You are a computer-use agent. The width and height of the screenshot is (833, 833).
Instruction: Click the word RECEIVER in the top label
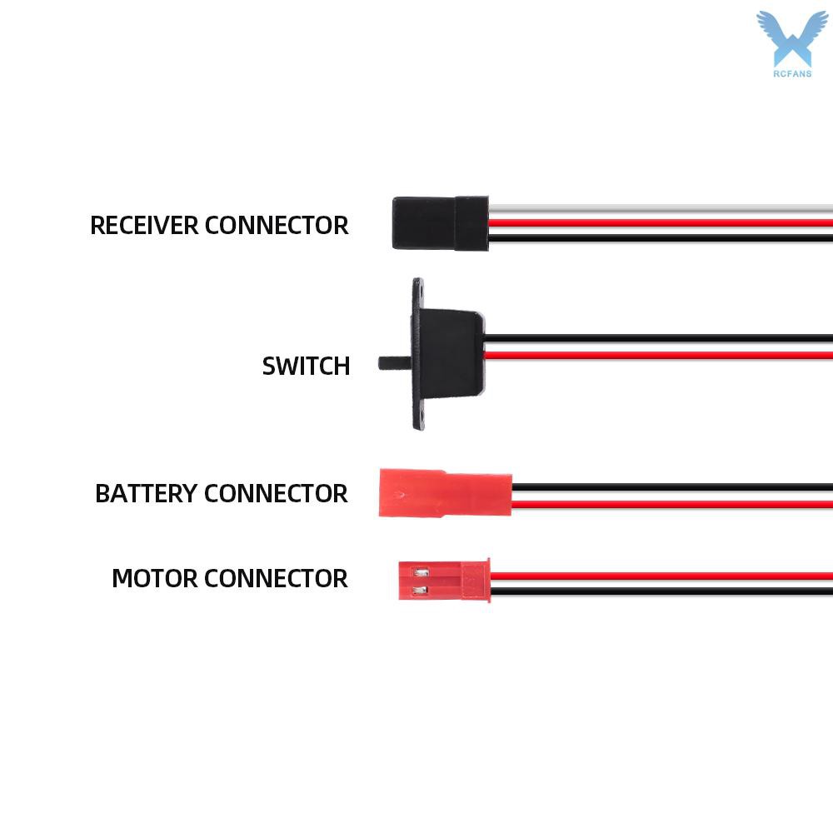pyautogui.click(x=144, y=225)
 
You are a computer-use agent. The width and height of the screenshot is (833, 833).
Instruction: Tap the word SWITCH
pyautogui.click(x=306, y=366)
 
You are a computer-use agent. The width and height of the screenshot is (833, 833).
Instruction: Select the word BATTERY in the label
pyautogui.click(x=146, y=493)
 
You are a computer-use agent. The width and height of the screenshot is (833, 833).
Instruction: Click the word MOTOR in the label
pyautogui.click(x=155, y=578)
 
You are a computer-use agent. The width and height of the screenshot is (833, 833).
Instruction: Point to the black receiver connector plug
pyautogui.click(x=441, y=223)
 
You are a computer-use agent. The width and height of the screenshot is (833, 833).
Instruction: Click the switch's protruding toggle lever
pyautogui.click(x=395, y=363)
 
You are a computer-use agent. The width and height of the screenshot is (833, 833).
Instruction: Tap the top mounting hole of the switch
pyautogui.click(x=420, y=291)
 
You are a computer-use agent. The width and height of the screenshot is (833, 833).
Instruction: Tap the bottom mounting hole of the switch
pyautogui.click(x=421, y=415)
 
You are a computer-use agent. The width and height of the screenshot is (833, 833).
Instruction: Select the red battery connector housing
pyautogui.click(x=445, y=493)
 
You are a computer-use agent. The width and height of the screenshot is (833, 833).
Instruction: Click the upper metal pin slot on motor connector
pyautogui.click(x=421, y=573)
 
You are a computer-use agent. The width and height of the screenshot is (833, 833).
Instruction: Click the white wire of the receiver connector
pyautogui.click(x=661, y=209)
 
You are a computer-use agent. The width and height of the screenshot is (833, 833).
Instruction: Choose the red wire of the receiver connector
pyautogui.click(x=661, y=223)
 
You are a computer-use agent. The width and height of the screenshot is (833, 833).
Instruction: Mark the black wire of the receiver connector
pyautogui.click(x=661, y=238)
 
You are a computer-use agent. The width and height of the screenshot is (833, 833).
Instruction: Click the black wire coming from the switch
pyautogui.click(x=658, y=338)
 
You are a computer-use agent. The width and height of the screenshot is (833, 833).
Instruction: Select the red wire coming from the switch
pyautogui.click(x=658, y=355)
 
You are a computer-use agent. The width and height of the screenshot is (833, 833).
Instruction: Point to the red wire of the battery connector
pyautogui.click(x=672, y=504)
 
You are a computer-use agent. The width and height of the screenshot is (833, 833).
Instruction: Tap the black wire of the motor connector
pyautogui.click(x=661, y=591)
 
